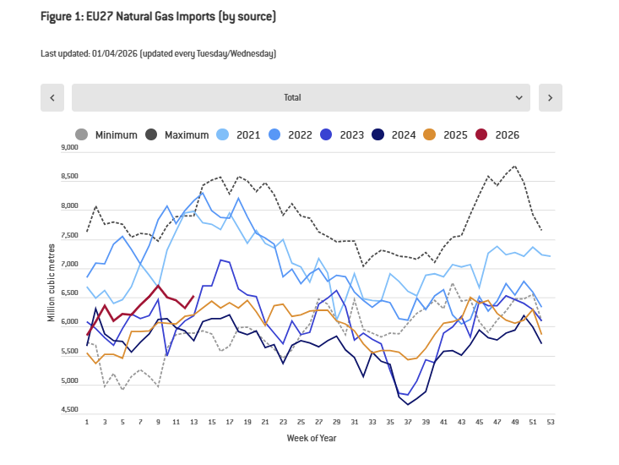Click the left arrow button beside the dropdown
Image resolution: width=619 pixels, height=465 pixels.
click(52, 97)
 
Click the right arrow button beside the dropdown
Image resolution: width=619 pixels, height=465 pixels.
click(550, 97)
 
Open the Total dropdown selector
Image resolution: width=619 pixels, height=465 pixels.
click(301, 97)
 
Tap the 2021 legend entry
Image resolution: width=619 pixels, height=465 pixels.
click(239, 134)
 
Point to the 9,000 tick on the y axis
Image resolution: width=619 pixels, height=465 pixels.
click(69, 147)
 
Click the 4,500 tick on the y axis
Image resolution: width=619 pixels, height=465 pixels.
click(69, 411)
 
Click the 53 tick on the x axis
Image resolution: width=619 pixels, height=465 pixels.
click(551, 421)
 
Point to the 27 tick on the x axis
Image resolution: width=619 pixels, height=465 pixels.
click(318, 421)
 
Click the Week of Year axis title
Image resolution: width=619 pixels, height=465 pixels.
click(312, 437)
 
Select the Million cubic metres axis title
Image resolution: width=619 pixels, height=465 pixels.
click(52, 279)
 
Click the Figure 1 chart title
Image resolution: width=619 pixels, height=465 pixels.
click(158, 17)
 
